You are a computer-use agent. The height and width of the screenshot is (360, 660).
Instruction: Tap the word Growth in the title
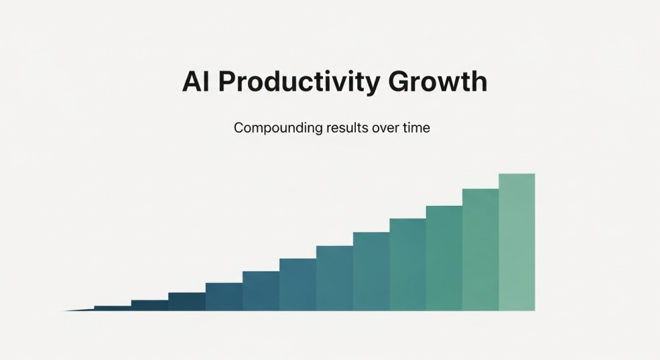click(x=438, y=81)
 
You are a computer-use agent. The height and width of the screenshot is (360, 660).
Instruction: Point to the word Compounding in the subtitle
click(x=278, y=127)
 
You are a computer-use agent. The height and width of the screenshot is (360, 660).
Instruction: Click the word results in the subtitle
click(x=347, y=127)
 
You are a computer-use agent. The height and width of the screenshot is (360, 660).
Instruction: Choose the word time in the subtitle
click(x=416, y=127)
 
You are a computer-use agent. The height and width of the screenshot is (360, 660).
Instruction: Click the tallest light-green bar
click(x=517, y=242)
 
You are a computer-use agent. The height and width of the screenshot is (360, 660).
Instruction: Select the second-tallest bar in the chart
click(x=480, y=249)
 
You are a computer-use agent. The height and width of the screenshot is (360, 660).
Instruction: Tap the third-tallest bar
click(x=444, y=258)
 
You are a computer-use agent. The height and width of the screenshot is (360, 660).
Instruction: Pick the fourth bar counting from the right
click(x=408, y=265)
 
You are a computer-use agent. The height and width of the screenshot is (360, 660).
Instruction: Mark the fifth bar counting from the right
click(x=371, y=272)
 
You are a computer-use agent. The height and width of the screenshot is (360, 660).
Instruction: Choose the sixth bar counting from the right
click(x=334, y=278)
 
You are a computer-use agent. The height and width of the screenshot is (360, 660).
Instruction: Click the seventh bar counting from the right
click(x=298, y=285)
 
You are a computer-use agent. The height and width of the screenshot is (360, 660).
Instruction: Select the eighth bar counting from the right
click(x=261, y=291)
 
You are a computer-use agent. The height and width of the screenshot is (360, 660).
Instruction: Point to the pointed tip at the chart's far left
click(x=63, y=311)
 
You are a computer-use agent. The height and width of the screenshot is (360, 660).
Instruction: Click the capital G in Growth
click(x=399, y=81)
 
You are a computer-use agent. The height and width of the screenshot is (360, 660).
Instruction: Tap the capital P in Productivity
click(x=228, y=81)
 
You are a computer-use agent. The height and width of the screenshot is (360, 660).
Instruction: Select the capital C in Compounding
click(x=239, y=127)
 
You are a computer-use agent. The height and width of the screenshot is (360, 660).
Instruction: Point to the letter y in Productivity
click(x=372, y=85)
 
